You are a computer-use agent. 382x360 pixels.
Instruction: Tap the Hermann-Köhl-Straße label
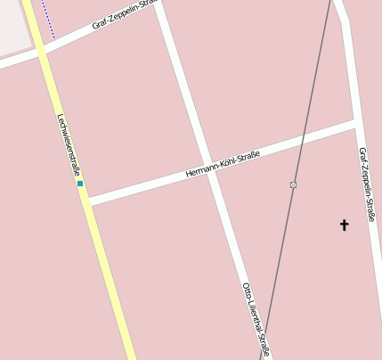pos(223,165)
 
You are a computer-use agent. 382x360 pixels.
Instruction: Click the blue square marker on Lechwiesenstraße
pos(80,184)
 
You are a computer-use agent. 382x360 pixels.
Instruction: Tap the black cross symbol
pos(344,225)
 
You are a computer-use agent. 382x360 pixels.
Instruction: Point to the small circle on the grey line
pos(293,184)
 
